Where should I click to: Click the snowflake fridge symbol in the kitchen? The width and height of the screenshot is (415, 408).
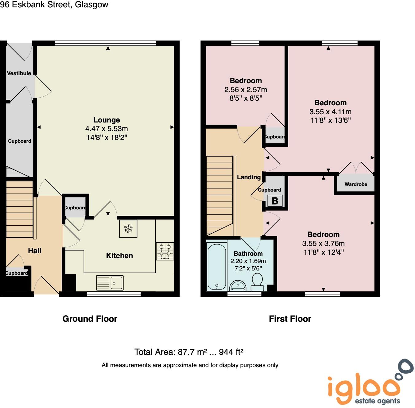pyautogui.click(x=128, y=229)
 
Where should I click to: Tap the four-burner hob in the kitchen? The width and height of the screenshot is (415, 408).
pyautogui.click(x=165, y=251)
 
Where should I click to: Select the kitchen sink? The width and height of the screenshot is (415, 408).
pyautogui.click(x=110, y=282)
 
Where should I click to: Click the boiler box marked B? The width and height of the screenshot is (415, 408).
pyautogui.click(x=275, y=201)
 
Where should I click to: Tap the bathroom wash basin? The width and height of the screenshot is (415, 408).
pyautogui.click(x=238, y=286)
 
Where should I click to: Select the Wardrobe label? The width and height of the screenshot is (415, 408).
pyautogui.click(x=356, y=185)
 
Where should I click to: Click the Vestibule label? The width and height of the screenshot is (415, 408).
pyautogui.click(x=19, y=73)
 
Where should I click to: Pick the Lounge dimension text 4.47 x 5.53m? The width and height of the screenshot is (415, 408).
pyautogui.click(x=107, y=129)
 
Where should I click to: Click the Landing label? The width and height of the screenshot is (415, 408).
pyautogui.click(x=249, y=177)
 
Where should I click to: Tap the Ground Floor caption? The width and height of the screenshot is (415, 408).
pyautogui.click(x=90, y=319)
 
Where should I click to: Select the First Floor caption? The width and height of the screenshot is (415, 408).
pyautogui.click(x=290, y=319)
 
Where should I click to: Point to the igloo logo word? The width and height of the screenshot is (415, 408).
pyautogui.click(x=364, y=387)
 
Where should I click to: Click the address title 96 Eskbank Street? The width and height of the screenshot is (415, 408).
pyautogui.click(x=54, y=5)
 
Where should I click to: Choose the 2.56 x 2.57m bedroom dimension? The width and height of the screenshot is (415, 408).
pyautogui.click(x=246, y=90)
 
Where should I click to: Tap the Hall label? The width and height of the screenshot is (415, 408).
pyautogui.click(x=35, y=251)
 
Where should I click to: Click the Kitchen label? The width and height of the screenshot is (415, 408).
pyautogui.click(x=119, y=256)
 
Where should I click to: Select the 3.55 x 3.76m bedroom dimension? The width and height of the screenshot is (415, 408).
pyautogui.click(x=324, y=243)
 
